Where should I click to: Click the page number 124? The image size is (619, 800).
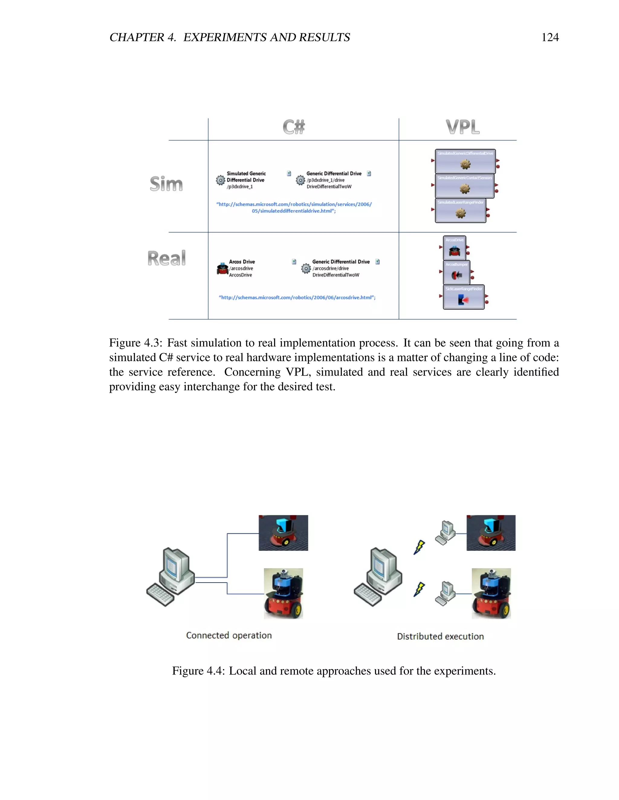[550, 37]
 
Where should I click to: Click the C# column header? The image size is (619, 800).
[294, 127]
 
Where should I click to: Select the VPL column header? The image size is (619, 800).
[462, 127]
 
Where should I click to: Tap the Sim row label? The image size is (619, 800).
[166, 184]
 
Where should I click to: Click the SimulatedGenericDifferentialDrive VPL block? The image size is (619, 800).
[465, 161]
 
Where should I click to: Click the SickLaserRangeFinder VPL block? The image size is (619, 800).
[464, 297]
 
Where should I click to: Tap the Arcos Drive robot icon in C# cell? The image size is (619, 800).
[222, 268]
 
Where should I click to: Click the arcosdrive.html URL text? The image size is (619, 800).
[297, 297]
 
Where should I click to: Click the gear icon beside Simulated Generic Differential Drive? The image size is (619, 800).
[220, 180]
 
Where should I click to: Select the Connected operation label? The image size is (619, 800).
[229, 635]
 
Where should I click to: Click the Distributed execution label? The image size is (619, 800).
[440, 636]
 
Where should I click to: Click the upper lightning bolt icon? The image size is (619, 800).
[419, 547]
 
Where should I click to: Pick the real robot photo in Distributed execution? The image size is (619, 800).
[491, 594]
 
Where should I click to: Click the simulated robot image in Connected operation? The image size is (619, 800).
[283, 533]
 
